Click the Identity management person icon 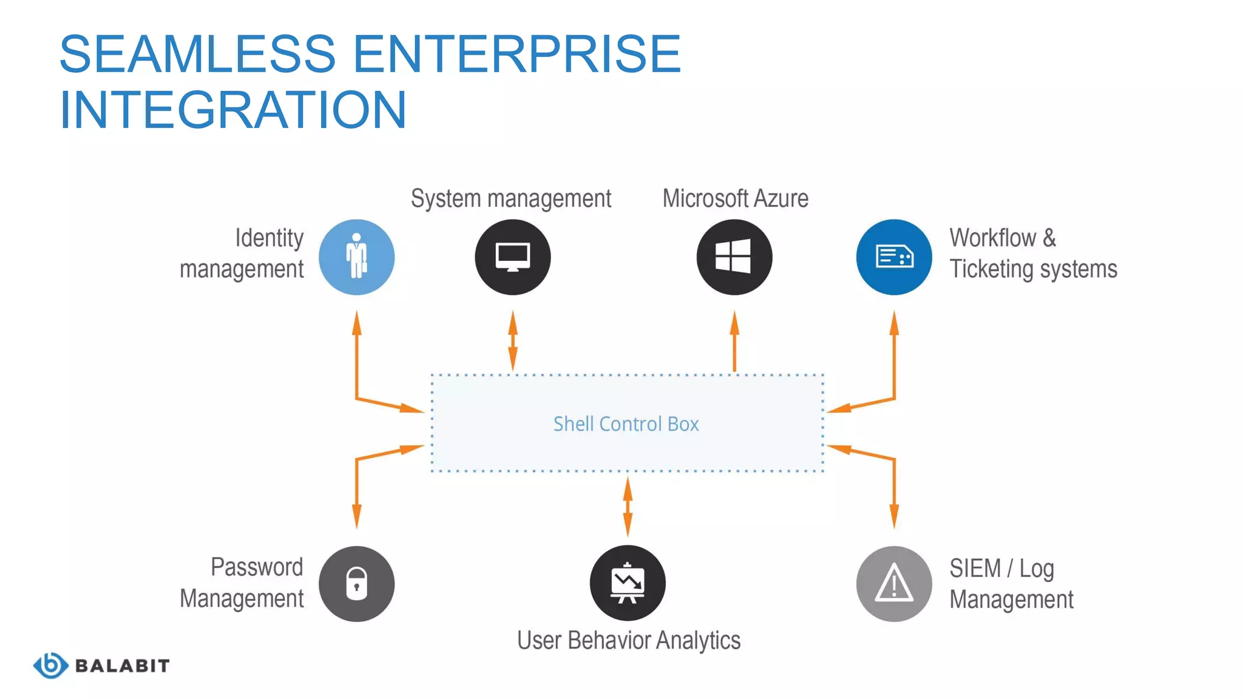click(x=357, y=257)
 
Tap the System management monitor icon click(x=513, y=257)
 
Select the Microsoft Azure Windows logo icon click(x=734, y=257)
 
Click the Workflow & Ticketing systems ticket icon click(x=893, y=257)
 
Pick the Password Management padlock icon click(x=357, y=584)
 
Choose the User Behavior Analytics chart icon click(x=628, y=582)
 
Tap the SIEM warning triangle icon click(x=893, y=584)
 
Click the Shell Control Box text click(x=626, y=424)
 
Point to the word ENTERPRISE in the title click(x=517, y=55)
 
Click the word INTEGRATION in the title click(x=233, y=110)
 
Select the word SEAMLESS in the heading click(x=197, y=55)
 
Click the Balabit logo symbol click(x=50, y=665)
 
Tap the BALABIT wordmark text click(x=122, y=666)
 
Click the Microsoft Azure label click(x=735, y=198)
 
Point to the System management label click(x=510, y=198)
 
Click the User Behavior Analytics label click(x=628, y=640)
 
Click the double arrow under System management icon click(x=513, y=341)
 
